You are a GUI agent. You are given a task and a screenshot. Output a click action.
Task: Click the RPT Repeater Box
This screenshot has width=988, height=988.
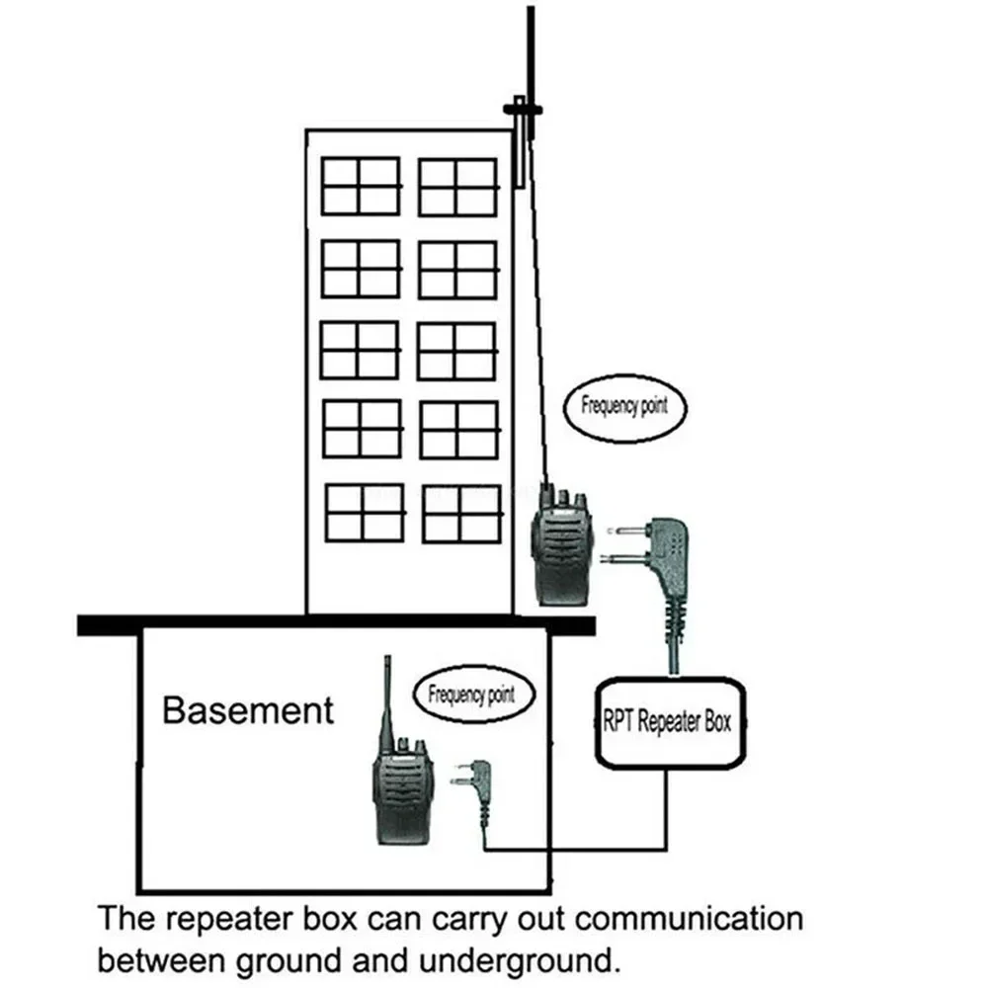[x=668, y=721]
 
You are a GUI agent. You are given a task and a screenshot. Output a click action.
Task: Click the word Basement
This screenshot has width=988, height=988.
[x=248, y=709]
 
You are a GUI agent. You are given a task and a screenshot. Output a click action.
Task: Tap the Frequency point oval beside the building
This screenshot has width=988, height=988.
[x=624, y=405]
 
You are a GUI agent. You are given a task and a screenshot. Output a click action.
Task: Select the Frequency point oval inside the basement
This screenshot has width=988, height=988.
[x=471, y=694]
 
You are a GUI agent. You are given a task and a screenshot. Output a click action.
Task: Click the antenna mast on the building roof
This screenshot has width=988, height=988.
[x=530, y=49]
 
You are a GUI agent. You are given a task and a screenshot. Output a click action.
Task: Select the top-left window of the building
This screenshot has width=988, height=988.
[x=361, y=186]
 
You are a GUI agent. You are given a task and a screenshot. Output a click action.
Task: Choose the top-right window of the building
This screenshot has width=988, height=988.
[x=456, y=187]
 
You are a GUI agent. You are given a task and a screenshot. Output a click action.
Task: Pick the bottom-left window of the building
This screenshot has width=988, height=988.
[x=365, y=512]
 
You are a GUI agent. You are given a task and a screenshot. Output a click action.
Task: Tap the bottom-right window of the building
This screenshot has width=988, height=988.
[x=461, y=513]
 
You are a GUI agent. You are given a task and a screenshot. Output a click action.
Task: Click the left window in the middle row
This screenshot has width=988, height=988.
[x=360, y=350]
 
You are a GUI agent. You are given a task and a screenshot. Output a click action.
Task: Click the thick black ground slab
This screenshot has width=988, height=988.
[x=336, y=624]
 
